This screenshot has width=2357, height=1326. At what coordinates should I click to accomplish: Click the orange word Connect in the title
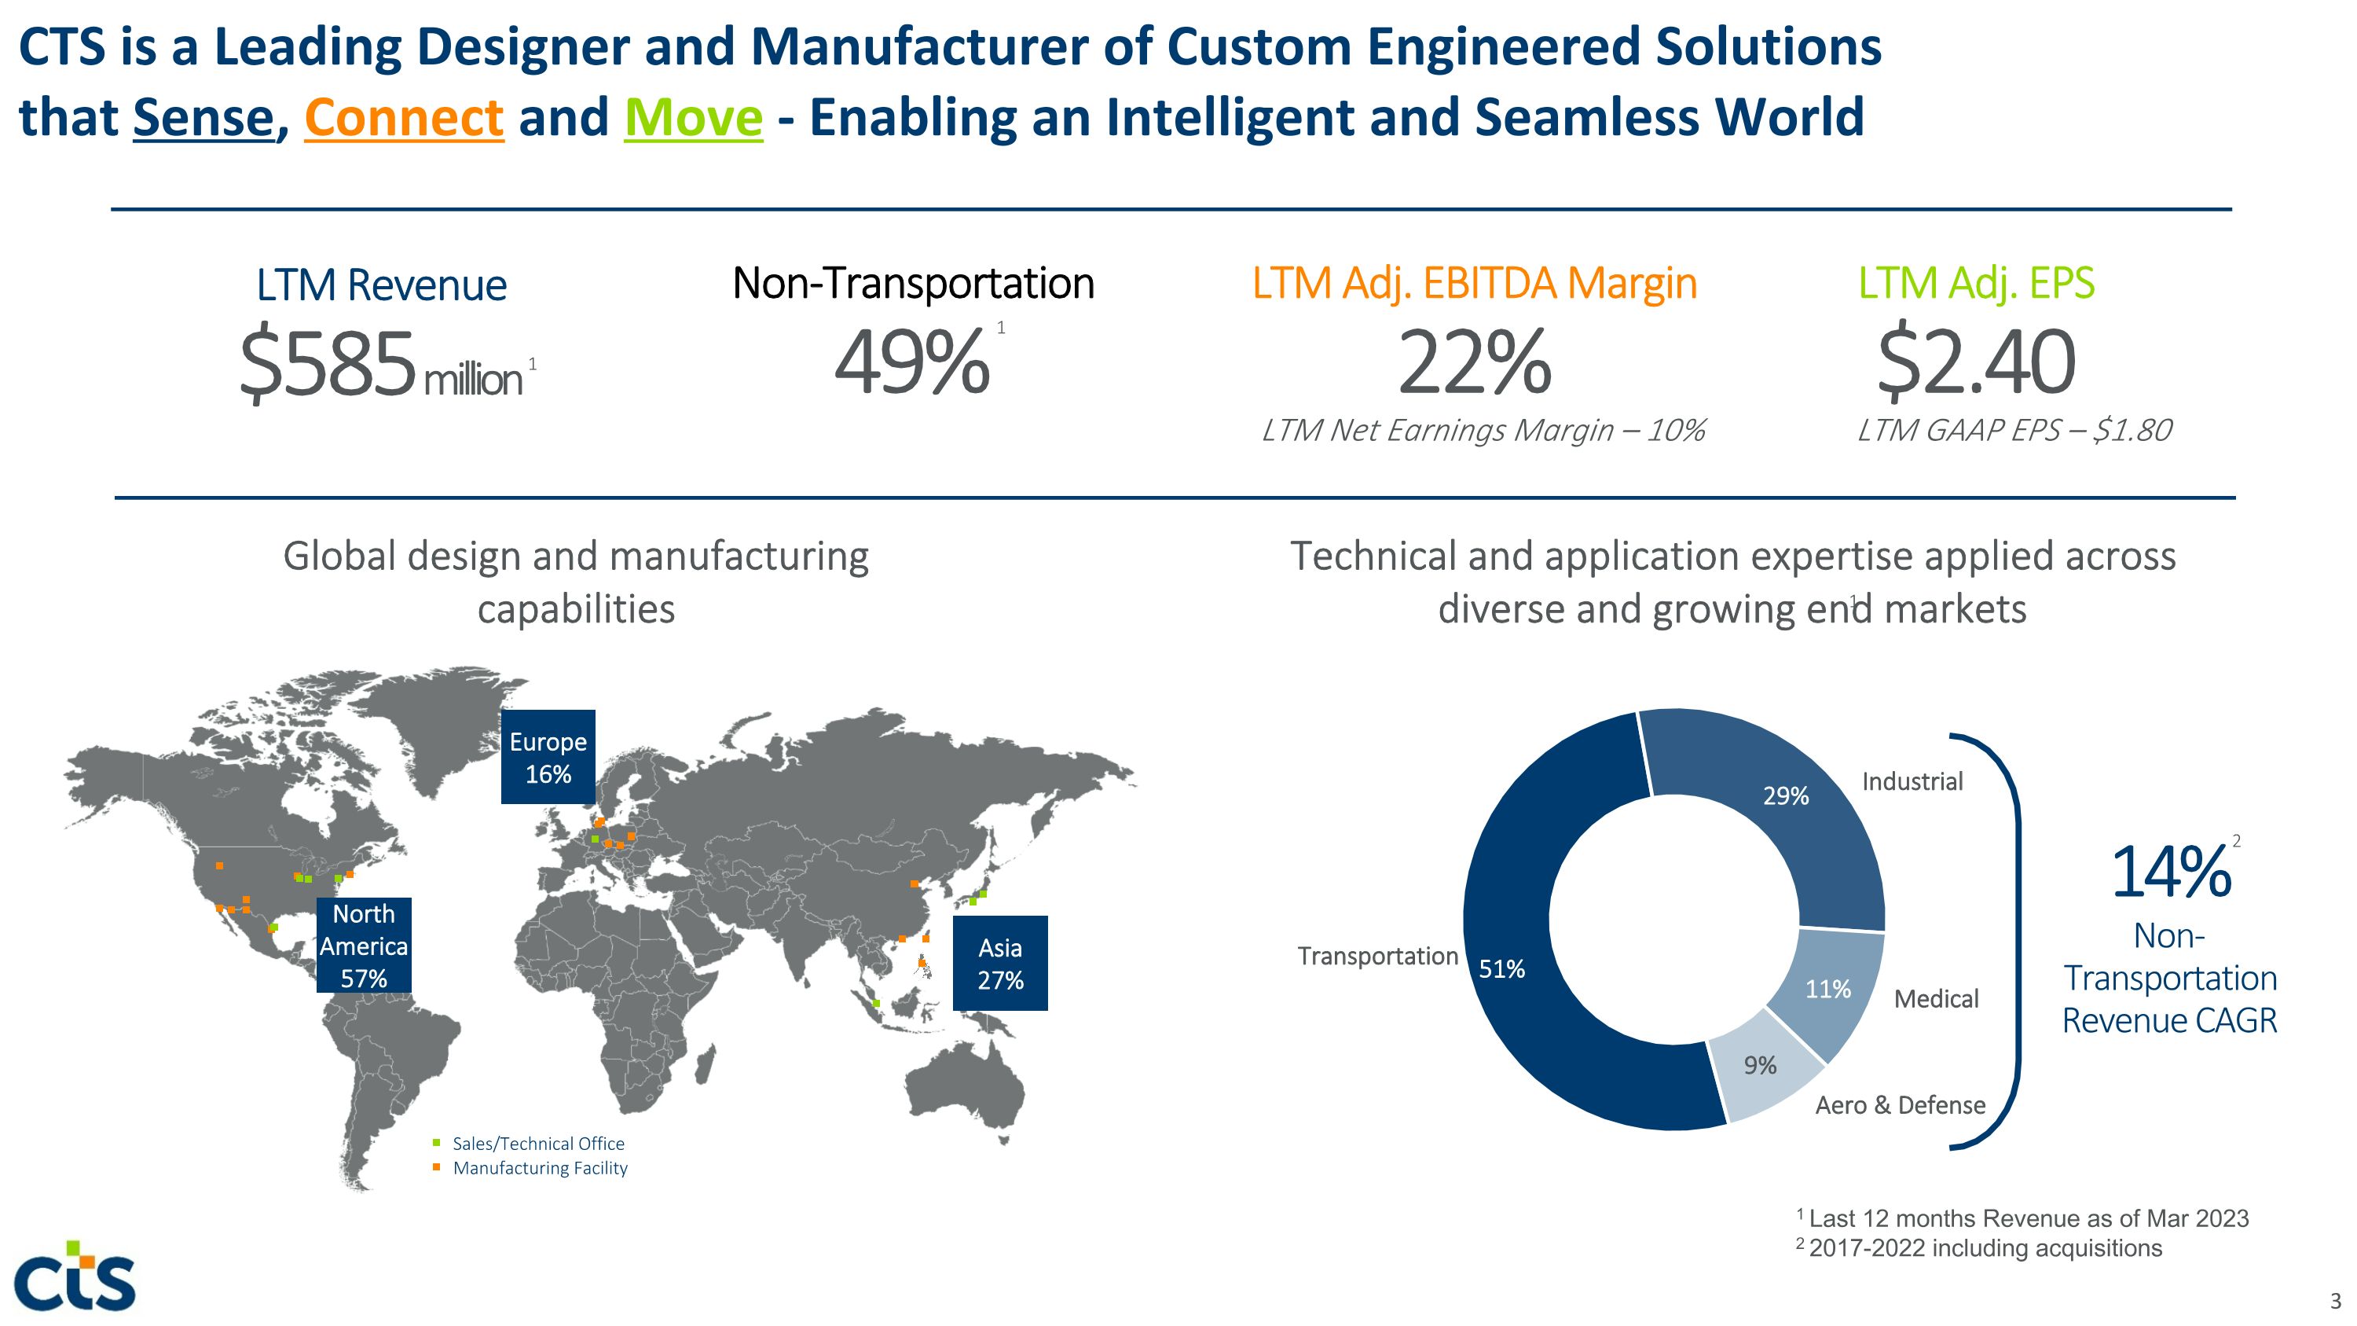(404, 118)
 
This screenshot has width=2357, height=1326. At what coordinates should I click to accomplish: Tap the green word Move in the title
(693, 118)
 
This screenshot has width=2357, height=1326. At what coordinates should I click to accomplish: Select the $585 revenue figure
(328, 363)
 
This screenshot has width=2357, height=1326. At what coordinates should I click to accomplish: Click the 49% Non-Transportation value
(911, 363)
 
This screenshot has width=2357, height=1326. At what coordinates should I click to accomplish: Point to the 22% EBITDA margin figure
(1474, 363)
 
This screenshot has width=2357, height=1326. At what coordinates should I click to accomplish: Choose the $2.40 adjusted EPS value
(1975, 363)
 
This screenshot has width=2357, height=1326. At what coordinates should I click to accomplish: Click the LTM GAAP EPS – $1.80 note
(2014, 430)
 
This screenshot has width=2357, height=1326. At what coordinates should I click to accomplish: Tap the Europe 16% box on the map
(548, 757)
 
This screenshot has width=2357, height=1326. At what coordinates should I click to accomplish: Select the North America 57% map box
(363, 946)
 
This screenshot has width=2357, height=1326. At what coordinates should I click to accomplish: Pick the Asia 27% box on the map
(1000, 963)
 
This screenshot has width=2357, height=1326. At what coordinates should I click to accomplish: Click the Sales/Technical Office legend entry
(538, 1143)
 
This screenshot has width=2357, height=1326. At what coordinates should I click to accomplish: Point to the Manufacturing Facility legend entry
(540, 1168)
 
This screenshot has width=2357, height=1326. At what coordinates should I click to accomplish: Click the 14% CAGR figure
(2169, 872)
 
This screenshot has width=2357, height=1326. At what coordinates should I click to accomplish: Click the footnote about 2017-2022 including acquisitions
(1984, 1248)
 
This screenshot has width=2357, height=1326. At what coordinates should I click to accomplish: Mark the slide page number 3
(2335, 1300)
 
